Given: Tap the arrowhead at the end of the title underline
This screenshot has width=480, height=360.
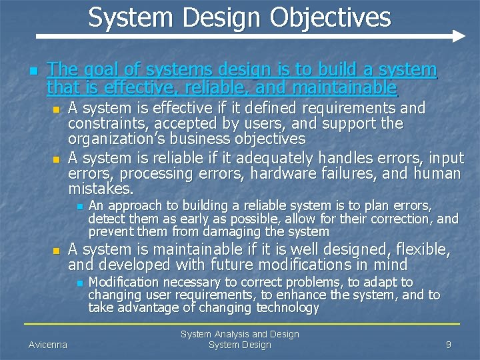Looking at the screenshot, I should [459, 35].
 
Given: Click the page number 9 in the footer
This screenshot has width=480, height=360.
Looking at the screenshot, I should [449, 345].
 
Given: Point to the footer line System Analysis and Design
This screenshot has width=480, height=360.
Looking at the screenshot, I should [240, 334].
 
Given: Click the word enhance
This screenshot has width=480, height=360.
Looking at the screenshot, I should [300, 295].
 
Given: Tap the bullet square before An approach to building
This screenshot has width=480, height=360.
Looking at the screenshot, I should [79, 207].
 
